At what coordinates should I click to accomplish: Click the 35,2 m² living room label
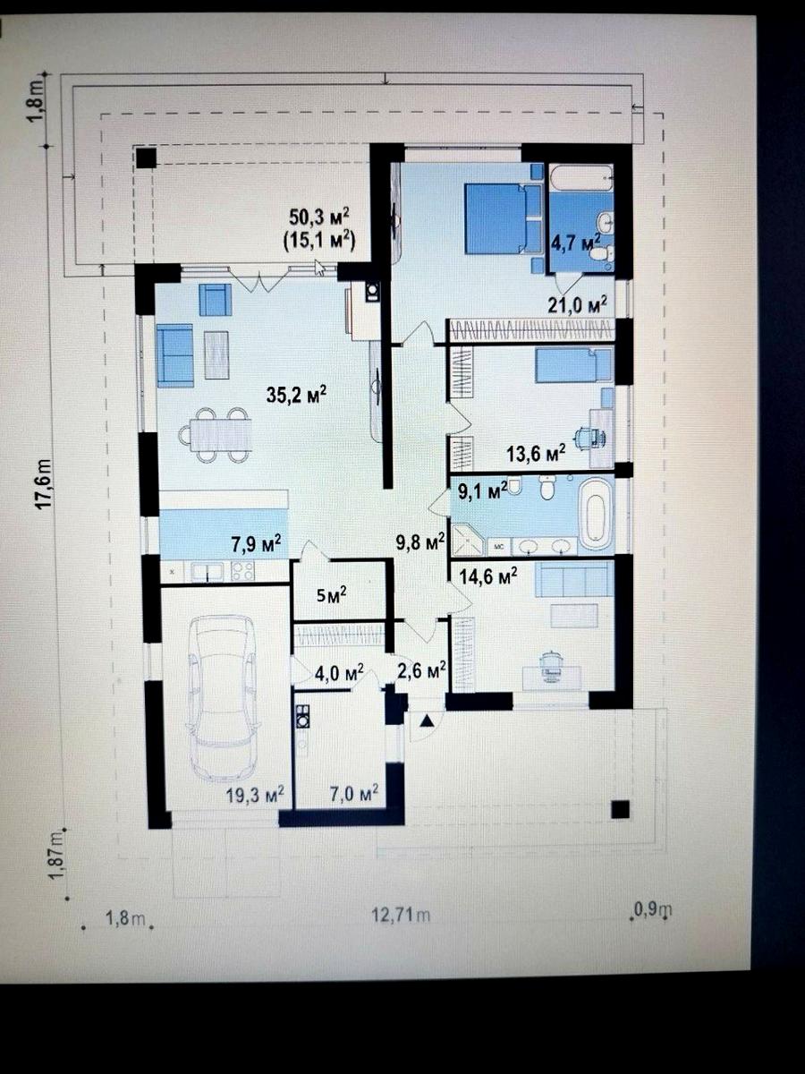tap(296, 395)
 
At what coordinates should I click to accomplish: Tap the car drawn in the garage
tap(223, 700)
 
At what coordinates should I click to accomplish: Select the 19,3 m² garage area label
tap(255, 796)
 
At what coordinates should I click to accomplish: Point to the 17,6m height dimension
tap(44, 483)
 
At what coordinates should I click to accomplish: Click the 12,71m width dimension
tap(401, 915)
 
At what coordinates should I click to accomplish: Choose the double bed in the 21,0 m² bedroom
tap(504, 218)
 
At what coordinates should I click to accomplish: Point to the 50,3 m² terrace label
tap(319, 216)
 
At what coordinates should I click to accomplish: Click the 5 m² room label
tap(332, 595)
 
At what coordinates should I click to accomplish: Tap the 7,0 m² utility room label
tap(354, 793)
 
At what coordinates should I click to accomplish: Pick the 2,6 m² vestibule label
tap(421, 670)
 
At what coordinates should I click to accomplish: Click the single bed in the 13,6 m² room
tap(574, 365)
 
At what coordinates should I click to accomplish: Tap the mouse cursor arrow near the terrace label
tap(319, 268)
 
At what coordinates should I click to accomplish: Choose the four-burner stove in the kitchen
tap(243, 570)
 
